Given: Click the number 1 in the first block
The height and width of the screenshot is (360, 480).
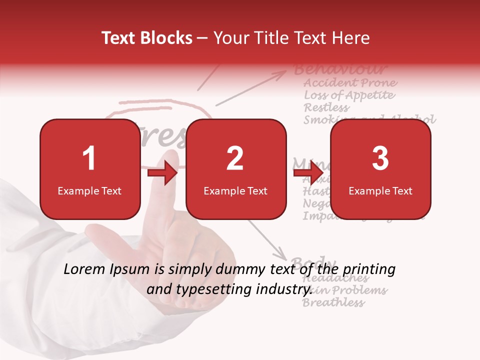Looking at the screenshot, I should pos(89,159).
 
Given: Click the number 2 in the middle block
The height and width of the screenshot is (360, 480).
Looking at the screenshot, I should pos(235,159).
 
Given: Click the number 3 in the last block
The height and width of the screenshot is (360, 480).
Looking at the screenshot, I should pos(380,159).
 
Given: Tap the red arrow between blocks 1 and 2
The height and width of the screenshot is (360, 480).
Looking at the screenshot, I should pos(162,173).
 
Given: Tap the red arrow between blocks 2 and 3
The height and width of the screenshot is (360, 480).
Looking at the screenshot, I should pos(308,173).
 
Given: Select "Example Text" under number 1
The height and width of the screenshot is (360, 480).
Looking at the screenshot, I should pos(89,191).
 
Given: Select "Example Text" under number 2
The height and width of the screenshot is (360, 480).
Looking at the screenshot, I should pos(235,191).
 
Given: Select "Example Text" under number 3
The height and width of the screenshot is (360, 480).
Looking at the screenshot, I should pos(380,191).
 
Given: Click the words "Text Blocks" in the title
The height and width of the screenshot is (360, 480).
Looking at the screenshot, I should pos(147,38).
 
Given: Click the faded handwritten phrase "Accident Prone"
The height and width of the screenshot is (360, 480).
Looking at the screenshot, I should pos(350,82).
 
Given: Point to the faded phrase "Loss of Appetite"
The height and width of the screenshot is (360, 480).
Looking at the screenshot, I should pos(349,95).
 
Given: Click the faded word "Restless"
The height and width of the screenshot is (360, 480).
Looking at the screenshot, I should pos(327,107).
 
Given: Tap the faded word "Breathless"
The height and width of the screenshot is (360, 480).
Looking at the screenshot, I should pos(333,302).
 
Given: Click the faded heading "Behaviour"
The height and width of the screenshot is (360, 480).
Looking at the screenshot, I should pos(340,69).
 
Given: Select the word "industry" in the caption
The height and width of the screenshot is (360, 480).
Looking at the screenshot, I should pos(284,289).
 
